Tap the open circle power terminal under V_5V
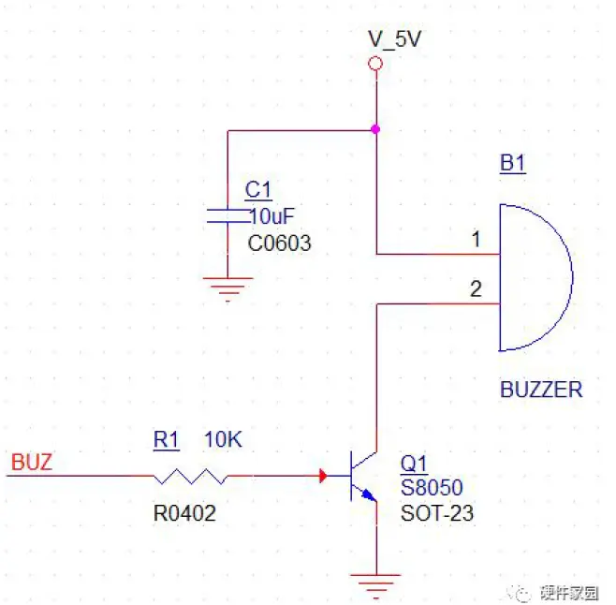[375, 64]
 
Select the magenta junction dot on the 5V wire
[375, 129]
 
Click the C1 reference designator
[257, 190]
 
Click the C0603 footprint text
[279, 243]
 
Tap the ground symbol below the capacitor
[227, 286]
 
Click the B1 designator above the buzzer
[512, 164]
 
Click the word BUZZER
[541, 390]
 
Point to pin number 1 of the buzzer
[476, 240]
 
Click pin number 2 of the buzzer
[476, 289]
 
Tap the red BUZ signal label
[32, 463]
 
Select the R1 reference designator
[166, 439]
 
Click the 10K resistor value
[223, 439]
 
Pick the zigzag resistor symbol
[191, 477]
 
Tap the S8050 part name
[432, 488]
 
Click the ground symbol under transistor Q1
[375, 580]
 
